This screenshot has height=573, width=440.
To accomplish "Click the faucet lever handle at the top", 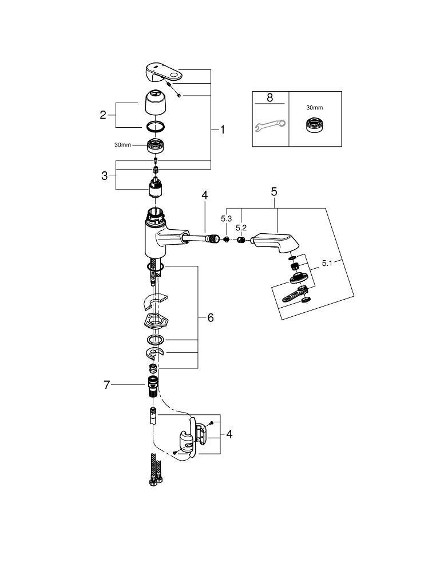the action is [164, 73].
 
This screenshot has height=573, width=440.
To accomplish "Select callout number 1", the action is [222, 129].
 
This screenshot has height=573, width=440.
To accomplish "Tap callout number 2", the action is [103, 115].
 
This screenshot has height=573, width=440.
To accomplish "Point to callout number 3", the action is [105, 176].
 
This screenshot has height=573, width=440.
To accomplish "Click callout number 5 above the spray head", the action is [274, 191].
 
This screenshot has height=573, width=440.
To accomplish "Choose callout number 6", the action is [211, 317].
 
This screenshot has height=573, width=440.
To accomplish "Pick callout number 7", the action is [106, 385].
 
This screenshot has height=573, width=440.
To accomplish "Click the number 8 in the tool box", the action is [269, 97].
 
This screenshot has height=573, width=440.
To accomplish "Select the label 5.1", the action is [327, 263].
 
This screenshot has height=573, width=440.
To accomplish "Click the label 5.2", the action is [241, 227].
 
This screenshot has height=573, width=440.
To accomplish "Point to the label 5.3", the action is [226, 218].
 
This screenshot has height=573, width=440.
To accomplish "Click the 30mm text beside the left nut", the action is [122, 145].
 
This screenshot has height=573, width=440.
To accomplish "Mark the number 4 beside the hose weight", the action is [229, 434].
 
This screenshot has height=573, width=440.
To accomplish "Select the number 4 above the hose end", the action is [205, 195].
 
